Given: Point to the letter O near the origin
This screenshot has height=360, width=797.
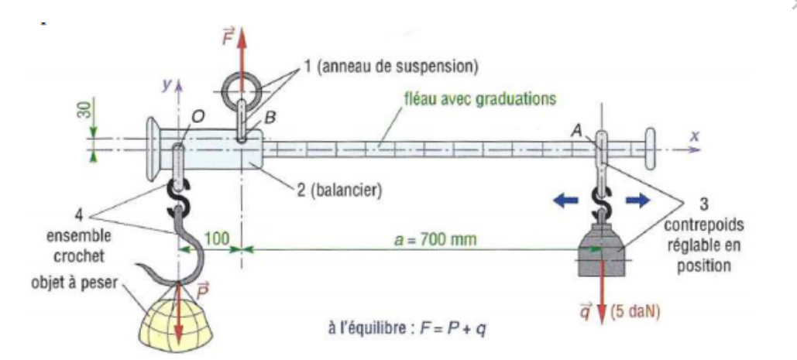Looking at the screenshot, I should pyautogui.click(x=198, y=116).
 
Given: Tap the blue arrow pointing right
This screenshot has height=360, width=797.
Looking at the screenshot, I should pyautogui.click(x=637, y=199).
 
